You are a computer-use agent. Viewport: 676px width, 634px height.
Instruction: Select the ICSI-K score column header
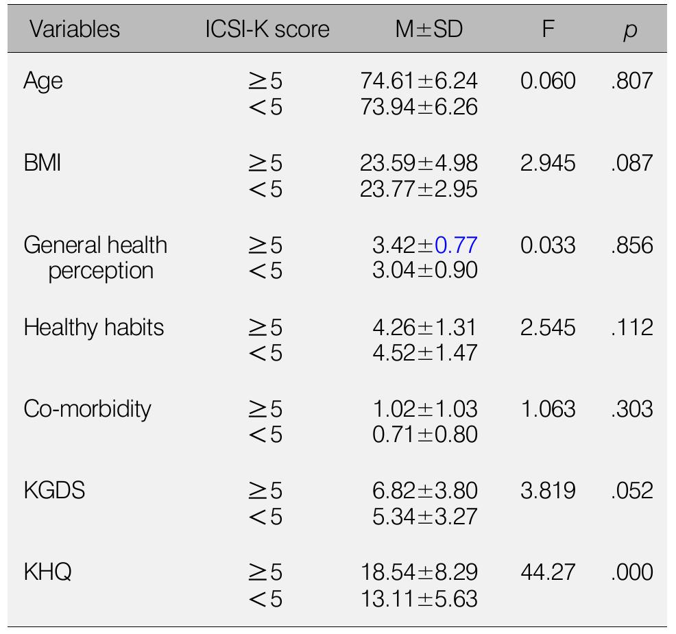pos(267,29)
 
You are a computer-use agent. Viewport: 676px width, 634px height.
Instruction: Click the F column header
pos(547,29)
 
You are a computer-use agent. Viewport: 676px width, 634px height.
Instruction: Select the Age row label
pos(43,82)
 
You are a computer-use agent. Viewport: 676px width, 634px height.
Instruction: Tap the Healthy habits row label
pos(93,328)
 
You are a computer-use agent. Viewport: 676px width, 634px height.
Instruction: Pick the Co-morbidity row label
pos(86,409)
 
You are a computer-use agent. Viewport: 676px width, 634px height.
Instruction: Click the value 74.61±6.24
pos(418,82)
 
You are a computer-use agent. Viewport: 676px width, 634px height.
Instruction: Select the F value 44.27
pos(548,572)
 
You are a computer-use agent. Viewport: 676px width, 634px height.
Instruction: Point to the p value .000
pos(631,572)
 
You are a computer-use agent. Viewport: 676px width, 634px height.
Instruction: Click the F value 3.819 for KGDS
pos(548,491)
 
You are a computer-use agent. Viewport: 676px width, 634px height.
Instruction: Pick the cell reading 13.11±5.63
pos(418,598)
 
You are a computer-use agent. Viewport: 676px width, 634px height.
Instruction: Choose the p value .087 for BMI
pos(631,164)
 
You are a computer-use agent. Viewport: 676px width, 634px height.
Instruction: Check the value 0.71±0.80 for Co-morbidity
pos(424,435)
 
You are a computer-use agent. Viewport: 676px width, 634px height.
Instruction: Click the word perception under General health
pos(100,271)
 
